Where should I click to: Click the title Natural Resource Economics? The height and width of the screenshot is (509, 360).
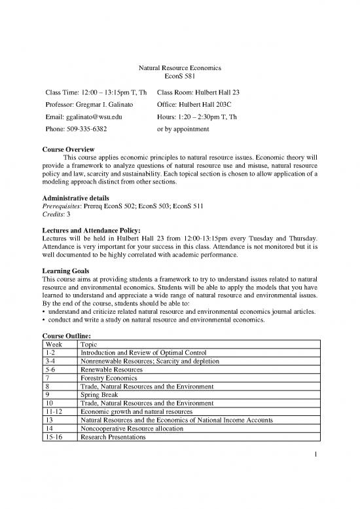point(180,67)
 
